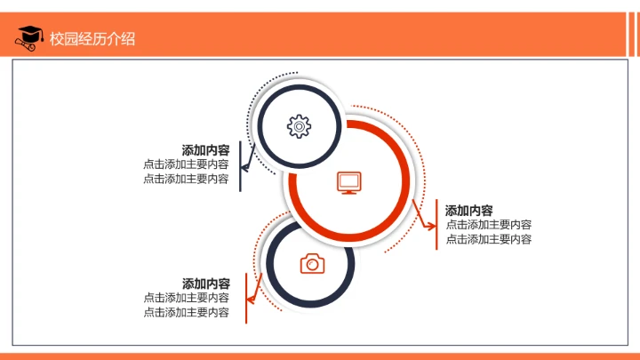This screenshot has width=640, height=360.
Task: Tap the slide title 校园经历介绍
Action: tap(92, 38)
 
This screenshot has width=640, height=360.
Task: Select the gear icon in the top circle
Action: tap(299, 126)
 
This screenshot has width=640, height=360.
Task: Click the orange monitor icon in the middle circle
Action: tap(349, 183)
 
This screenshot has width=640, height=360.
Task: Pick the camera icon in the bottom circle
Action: tap(312, 263)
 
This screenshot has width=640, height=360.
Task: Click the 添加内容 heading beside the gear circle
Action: tap(205, 150)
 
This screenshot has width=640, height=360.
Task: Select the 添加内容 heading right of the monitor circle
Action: tap(469, 211)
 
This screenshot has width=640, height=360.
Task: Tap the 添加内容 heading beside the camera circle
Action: tap(206, 284)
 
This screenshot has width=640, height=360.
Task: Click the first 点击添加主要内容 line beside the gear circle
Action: tap(186, 164)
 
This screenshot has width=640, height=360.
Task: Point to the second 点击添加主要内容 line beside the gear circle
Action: tap(186, 179)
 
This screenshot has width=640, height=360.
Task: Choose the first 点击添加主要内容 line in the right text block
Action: tap(489, 225)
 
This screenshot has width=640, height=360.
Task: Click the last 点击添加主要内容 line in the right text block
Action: tap(489, 239)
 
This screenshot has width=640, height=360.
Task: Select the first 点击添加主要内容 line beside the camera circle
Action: tap(187, 298)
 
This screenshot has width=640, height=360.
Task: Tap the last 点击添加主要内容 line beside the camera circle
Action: tap(187, 312)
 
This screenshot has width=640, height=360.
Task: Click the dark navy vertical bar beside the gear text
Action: tap(241, 165)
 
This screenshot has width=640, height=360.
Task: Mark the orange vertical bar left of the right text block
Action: tap(436, 225)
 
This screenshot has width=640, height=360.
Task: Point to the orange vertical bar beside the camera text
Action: tap(245, 298)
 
